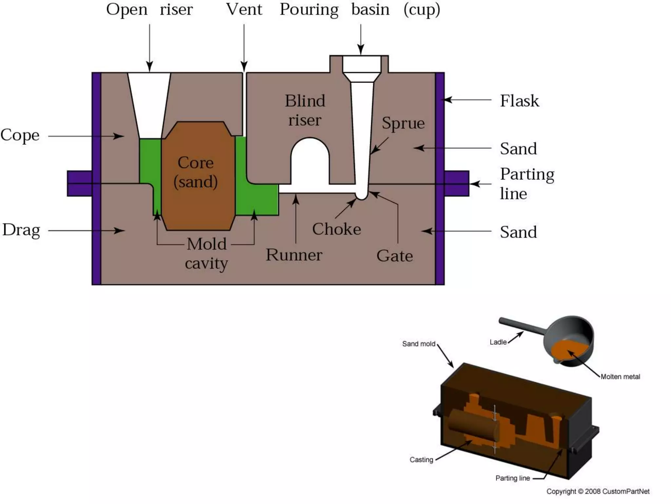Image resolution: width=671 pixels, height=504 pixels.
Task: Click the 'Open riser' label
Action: (x=149, y=10)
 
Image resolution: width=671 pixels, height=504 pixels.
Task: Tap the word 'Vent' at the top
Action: (x=244, y=10)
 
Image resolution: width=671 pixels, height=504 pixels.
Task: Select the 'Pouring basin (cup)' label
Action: (x=360, y=10)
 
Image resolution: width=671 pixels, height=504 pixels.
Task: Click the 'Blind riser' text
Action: (x=305, y=110)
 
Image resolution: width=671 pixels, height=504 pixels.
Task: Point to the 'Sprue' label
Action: (x=403, y=123)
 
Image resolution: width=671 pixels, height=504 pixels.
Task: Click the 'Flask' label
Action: (x=519, y=101)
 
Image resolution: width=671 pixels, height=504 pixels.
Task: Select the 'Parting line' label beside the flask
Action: (x=527, y=184)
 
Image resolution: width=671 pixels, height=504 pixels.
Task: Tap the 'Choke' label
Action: (x=336, y=229)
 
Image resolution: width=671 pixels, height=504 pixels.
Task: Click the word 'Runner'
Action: (x=294, y=255)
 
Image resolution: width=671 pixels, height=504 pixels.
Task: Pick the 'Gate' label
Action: (x=394, y=256)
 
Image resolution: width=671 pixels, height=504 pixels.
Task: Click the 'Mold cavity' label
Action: (x=206, y=254)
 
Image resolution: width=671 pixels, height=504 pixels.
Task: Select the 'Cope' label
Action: (x=20, y=135)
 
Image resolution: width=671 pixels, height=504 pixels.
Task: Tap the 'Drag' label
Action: (x=21, y=230)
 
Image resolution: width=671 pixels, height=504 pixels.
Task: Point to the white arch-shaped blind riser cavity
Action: (x=310, y=164)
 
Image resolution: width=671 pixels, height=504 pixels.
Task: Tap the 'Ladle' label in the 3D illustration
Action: (x=498, y=342)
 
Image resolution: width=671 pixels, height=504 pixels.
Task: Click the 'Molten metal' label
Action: (x=620, y=377)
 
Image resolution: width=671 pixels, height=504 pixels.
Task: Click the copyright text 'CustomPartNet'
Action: (x=625, y=491)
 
